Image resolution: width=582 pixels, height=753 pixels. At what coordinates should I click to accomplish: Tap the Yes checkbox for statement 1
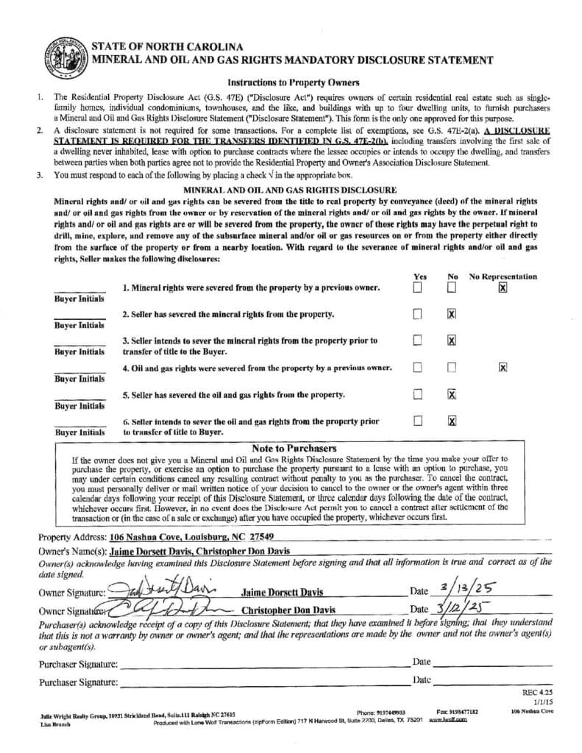pyautogui.click(x=417, y=288)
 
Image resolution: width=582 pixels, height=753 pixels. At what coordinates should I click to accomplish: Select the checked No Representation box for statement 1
pyautogui.click(x=503, y=288)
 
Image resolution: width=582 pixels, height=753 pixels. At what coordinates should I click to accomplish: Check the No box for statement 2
pyautogui.click(x=452, y=314)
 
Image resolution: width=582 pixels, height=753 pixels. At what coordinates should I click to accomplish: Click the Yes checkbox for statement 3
pyautogui.click(x=417, y=340)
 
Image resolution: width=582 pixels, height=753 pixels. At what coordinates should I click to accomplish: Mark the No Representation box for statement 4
pyautogui.click(x=503, y=367)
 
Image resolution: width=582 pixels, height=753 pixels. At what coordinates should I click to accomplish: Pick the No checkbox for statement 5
pyautogui.click(x=452, y=394)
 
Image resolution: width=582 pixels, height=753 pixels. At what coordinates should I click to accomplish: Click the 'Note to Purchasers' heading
pyautogui.click(x=294, y=448)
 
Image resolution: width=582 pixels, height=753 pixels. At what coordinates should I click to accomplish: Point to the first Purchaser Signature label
pyautogui.click(x=78, y=664)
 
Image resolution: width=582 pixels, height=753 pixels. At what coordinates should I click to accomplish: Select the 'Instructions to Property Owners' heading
pyautogui.click(x=293, y=82)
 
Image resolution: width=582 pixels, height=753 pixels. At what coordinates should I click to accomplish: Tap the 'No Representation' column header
pyautogui.click(x=503, y=276)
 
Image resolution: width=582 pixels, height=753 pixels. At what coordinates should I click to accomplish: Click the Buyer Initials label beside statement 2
pyautogui.click(x=79, y=325)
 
